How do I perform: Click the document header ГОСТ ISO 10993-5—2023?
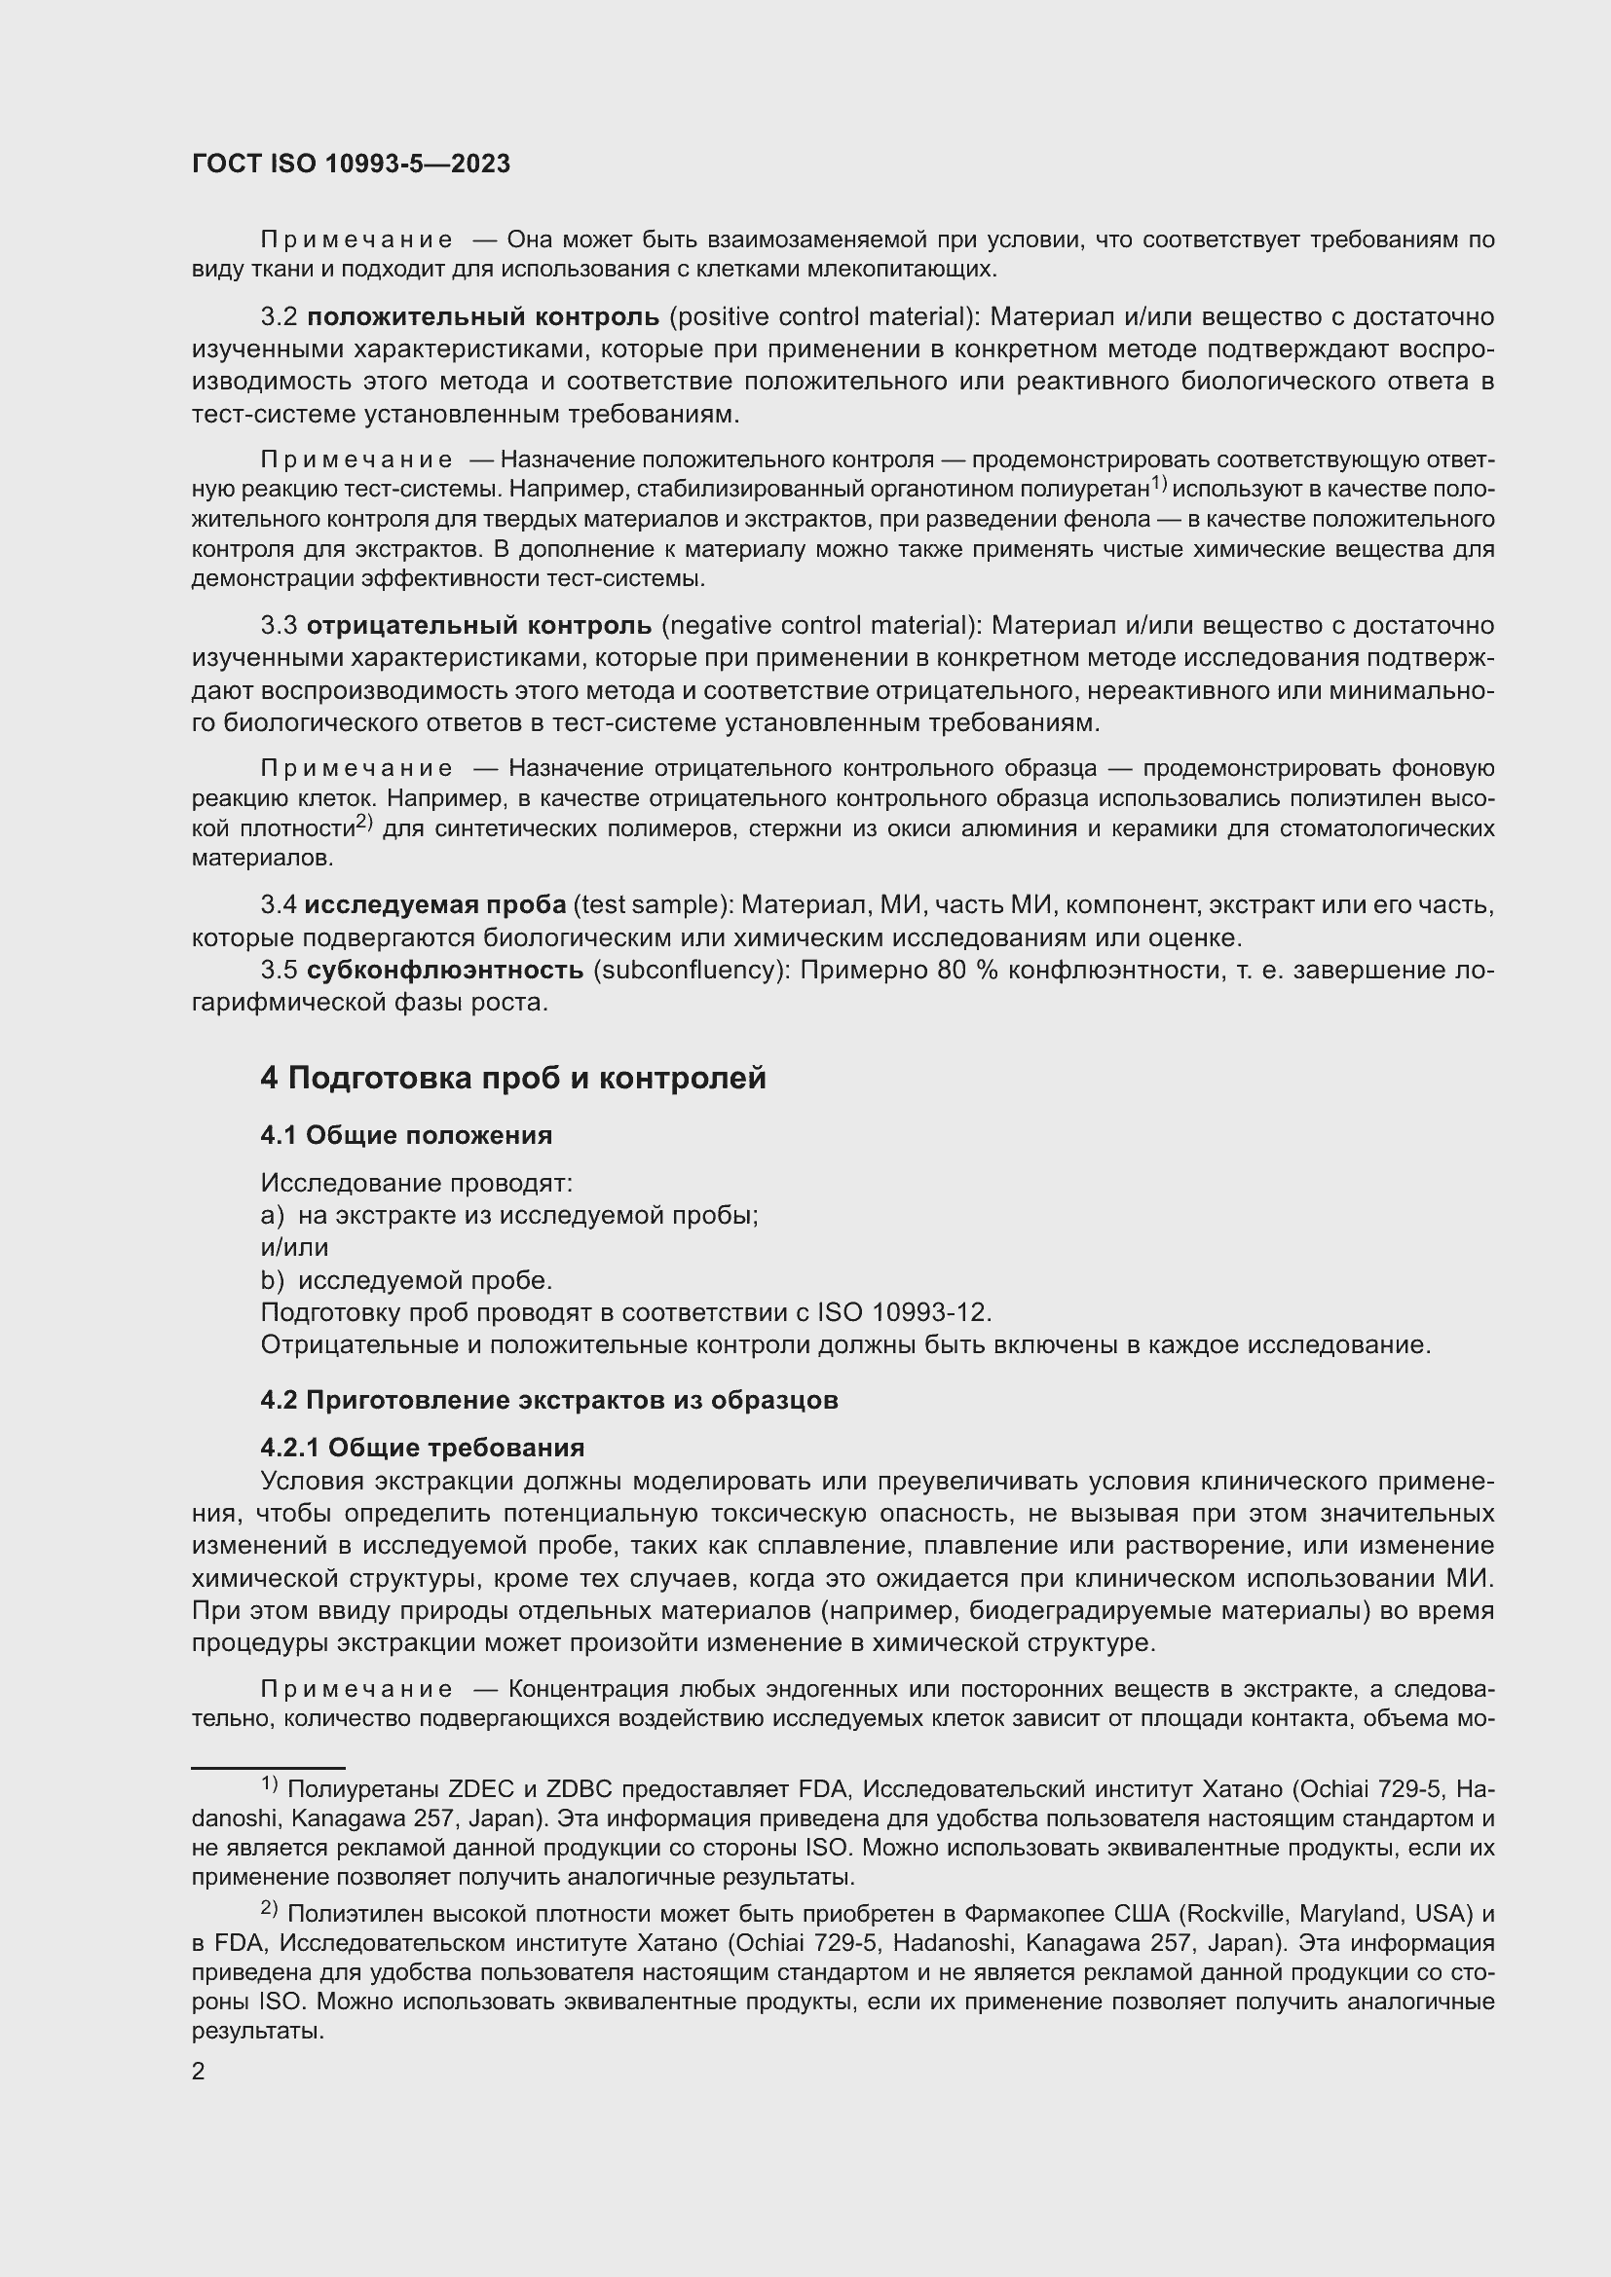coord(351,164)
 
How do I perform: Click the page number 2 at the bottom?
coord(199,2071)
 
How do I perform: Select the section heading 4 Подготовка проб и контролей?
coord(513,1078)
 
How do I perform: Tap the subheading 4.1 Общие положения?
coord(406,1135)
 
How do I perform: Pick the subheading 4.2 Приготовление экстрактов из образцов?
coord(548,1400)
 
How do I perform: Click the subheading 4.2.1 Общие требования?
coord(422,1448)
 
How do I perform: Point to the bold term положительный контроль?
coord(482,317)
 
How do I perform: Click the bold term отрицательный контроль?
coord(478,626)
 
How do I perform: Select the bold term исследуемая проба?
coord(434,905)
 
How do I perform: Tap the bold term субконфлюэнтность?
coord(444,970)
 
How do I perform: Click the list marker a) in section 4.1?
coord(272,1216)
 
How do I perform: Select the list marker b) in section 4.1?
coord(272,1280)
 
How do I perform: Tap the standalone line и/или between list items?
coord(293,1248)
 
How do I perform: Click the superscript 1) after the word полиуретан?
coord(1159,484)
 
